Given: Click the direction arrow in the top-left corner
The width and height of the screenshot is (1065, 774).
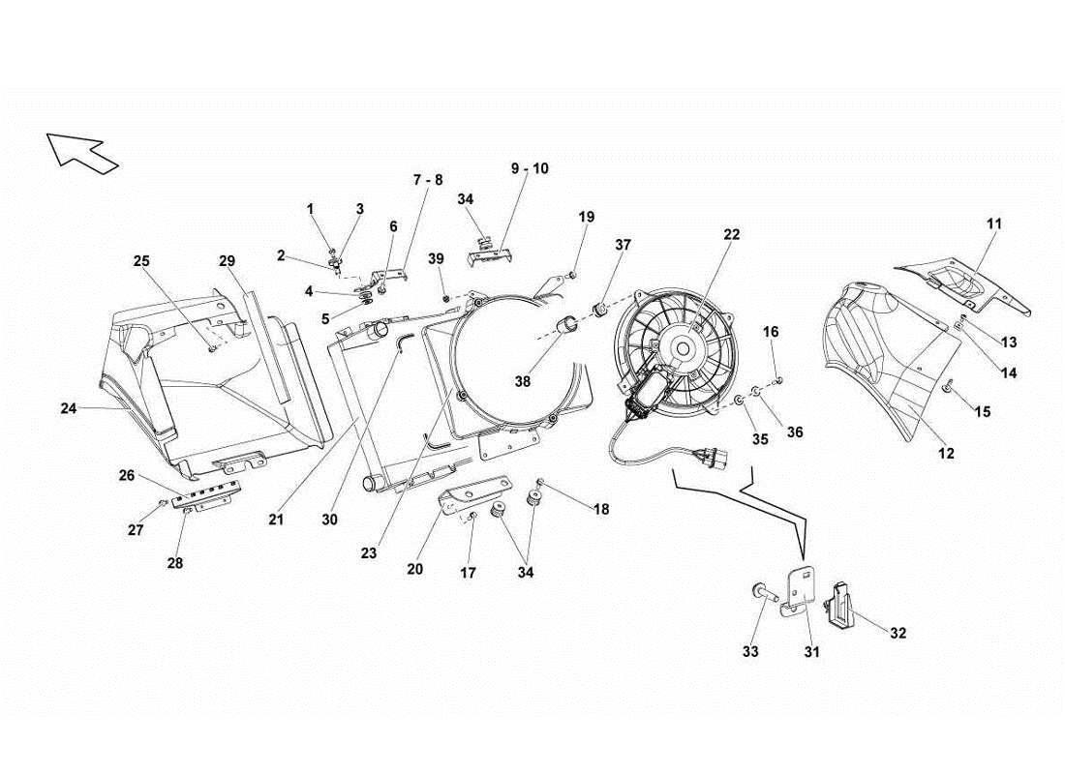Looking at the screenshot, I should tap(81, 152).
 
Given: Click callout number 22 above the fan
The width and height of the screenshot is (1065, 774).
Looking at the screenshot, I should tap(731, 234).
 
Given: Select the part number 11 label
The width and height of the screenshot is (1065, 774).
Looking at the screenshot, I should tap(994, 223).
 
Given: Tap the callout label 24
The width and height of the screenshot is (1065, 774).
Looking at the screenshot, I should tap(68, 408).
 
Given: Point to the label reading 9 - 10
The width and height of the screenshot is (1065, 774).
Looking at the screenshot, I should tap(530, 168).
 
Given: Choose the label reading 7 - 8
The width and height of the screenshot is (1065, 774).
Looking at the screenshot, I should tap(427, 180).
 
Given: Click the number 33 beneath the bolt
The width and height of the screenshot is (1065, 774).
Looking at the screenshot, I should tap(751, 651).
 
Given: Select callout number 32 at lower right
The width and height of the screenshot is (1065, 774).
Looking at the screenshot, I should tap(898, 633).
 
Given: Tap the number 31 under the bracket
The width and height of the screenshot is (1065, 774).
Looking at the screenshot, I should tap(811, 652).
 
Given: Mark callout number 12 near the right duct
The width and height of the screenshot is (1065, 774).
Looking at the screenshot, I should tap(946, 453).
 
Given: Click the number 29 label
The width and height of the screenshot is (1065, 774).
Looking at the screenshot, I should tap(227, 261).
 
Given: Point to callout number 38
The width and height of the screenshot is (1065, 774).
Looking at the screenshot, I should tap(523, 381).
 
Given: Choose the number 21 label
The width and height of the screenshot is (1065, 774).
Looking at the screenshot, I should tap(276, 520).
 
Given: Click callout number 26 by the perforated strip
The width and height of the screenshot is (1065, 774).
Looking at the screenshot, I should tap(127, 475).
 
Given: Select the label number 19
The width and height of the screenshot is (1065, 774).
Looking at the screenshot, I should tap(587, 217).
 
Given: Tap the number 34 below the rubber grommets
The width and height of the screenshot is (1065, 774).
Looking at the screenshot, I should tap(524, 572).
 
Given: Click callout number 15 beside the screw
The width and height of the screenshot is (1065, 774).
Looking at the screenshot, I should tap(982, 412).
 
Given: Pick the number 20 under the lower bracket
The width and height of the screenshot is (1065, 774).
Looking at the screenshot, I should tap(414, 569).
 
